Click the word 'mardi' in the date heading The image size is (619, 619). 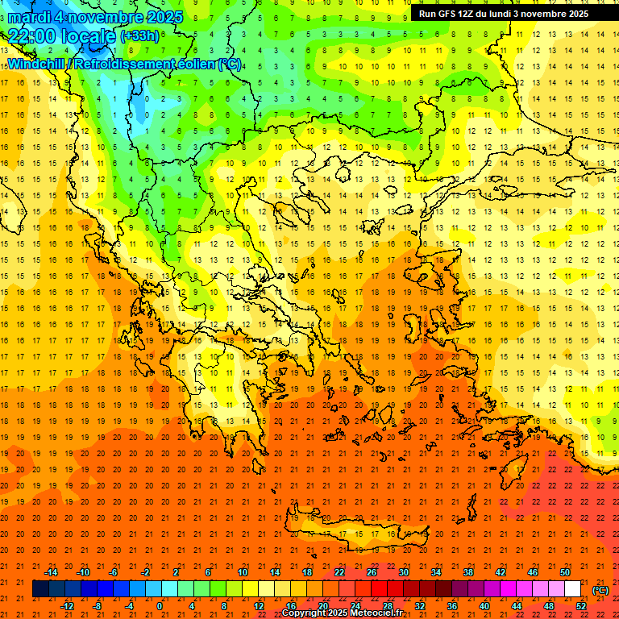pos(29,16)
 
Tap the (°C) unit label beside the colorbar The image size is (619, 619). pos(600,590)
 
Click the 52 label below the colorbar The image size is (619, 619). pos(580,606)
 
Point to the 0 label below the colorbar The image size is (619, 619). pos(160,606)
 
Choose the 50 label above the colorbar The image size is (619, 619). pos(565,572)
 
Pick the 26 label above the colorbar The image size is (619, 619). pos(372,572)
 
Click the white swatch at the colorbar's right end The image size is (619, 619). pos(572,589)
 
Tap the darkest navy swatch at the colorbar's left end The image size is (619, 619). pos(40,589)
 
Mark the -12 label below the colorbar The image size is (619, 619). pos(67,606)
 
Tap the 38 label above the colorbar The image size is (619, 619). pos(468,572)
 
